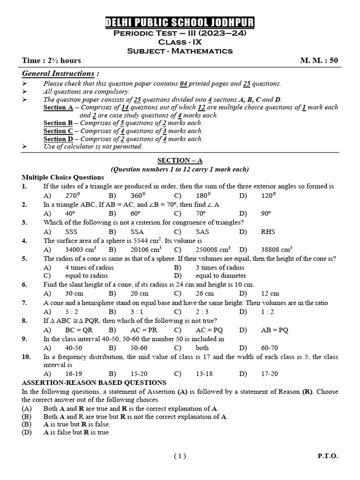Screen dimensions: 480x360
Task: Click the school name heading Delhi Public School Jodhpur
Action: click(180, 23)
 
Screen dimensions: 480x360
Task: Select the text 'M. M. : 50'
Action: click(319, 60)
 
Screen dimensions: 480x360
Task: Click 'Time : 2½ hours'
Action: click(52, 60)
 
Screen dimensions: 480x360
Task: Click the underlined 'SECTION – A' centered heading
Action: click(180, 160)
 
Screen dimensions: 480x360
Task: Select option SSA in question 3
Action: click(137, 232)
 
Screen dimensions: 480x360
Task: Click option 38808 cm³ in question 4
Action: click(277, 249)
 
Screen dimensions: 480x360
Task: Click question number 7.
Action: click(24, 303)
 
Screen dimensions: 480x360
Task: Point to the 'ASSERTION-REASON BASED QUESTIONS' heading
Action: click(94, 382)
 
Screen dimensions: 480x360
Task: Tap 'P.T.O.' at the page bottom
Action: click(327, 456)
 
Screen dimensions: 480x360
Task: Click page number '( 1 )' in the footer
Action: click(180, 456)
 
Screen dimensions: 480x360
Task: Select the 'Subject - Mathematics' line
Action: click(180, 51)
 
